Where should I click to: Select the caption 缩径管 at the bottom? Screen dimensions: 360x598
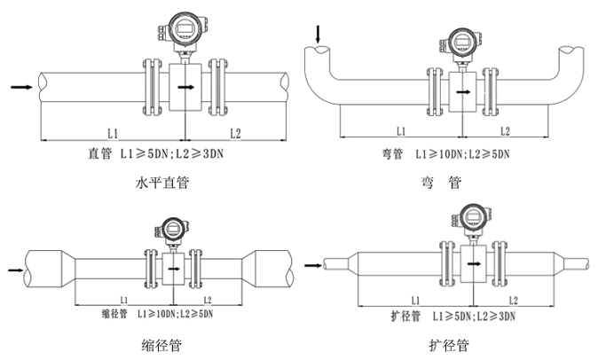162,344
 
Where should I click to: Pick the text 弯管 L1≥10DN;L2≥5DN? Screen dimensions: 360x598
439,154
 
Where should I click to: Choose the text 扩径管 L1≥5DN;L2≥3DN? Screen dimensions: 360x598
453,315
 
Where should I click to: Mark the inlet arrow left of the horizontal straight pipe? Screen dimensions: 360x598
23,87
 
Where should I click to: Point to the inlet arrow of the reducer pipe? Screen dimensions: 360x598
16,268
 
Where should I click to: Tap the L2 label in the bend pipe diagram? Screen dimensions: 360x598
504,131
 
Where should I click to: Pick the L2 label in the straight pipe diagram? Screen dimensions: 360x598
235,133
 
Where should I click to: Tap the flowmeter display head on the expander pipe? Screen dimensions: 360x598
472,215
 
